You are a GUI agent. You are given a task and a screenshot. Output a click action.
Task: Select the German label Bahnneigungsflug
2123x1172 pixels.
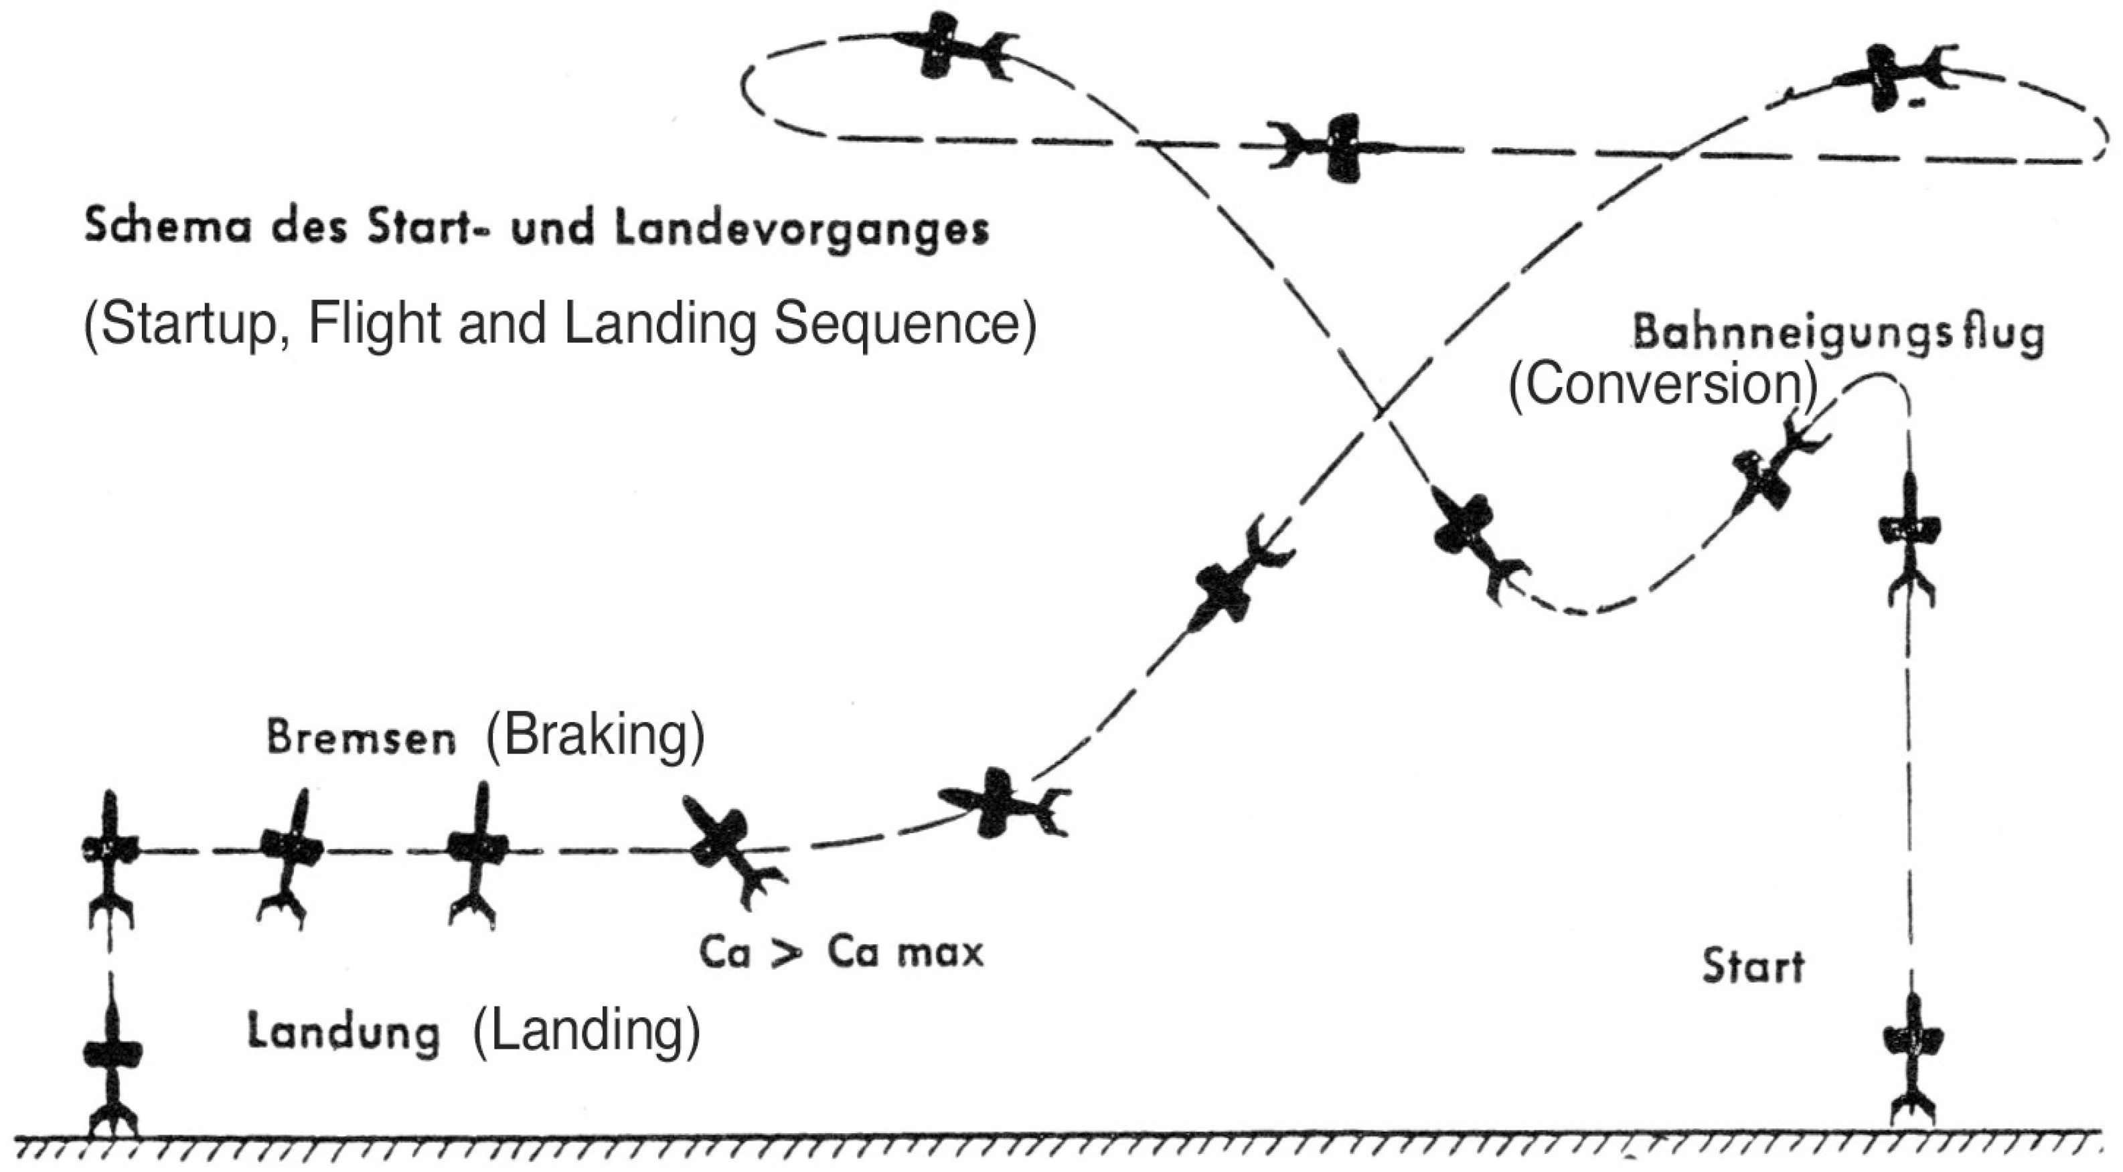click(1838, 334)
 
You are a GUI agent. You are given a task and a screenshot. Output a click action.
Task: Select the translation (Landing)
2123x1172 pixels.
click(586, 1031)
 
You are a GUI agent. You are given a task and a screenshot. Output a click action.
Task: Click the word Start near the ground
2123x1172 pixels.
click(1753, 965)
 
